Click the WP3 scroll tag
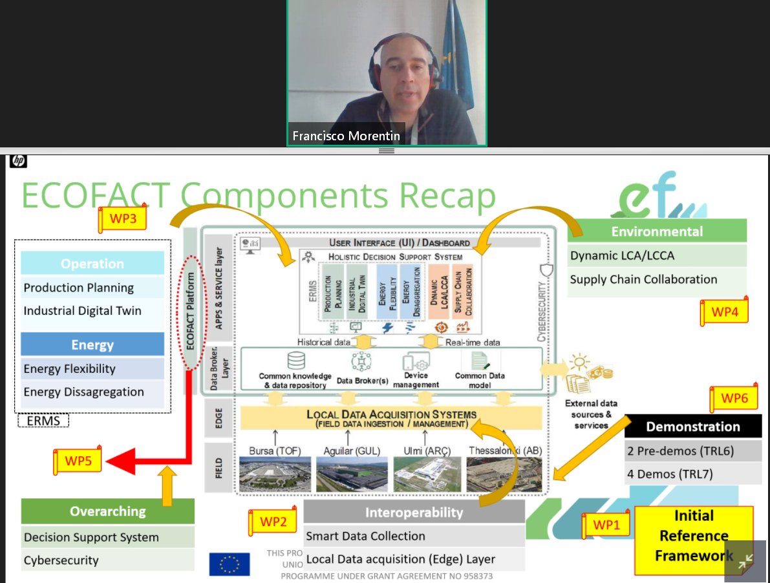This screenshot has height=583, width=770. pyautogui.click(x=122, y=219)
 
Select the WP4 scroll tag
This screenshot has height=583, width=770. pyautogui.click(x=724, y=311)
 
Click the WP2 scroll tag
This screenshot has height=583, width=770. pyautogui.click(x=273, y=522)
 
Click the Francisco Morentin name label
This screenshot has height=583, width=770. pyautogui.click(x=346, y=136)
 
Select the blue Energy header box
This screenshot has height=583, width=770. pyautogui.click(x=92, y=344)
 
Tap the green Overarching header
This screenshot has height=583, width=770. pyautogui.click(x=107, y=511)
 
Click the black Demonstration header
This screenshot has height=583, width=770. pyautogui.click(x=693, y=427)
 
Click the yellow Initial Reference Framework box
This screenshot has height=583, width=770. pyautogui.click(x=694, y=536)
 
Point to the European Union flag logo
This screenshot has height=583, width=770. pyautogui.click(x=230, y=564)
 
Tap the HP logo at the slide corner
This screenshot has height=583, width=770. pyautogui.click(x=17, y=162)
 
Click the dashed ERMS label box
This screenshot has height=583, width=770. pyautogui.click(x=43, y=421)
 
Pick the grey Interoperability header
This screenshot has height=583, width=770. pyautogui.click(x=414, y=513)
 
